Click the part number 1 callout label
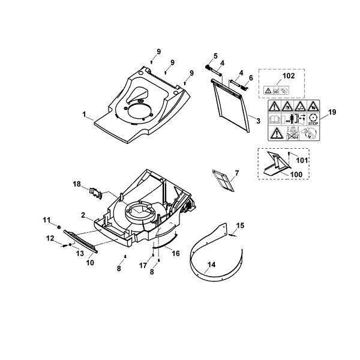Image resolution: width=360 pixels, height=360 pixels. [85, 114]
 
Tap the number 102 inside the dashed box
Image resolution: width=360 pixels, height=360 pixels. [289, 76]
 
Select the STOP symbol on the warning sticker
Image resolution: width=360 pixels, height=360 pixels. [313, 119]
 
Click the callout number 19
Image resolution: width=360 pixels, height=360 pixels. [332, 112]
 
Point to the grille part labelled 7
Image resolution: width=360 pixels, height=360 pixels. [223, 181]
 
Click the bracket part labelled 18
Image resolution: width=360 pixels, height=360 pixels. [96, 193]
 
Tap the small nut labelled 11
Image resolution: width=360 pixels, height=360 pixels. [59, 227]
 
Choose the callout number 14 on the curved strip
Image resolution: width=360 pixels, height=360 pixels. [211, 265]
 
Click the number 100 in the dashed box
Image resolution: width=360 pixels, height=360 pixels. [296, 175]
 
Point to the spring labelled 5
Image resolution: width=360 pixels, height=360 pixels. [208, 67]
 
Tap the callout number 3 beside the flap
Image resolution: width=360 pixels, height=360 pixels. [258, 121]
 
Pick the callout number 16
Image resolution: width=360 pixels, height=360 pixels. [176, 253]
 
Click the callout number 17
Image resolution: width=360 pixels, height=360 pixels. [143, 266]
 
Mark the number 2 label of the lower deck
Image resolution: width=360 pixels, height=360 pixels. [83, 215]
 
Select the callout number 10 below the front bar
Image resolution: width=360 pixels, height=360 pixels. [90, 263]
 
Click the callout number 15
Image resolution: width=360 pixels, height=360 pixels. [241, 226]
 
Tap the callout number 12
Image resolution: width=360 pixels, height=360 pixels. [50, 238]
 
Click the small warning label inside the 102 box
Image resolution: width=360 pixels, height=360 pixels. [276, 90]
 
